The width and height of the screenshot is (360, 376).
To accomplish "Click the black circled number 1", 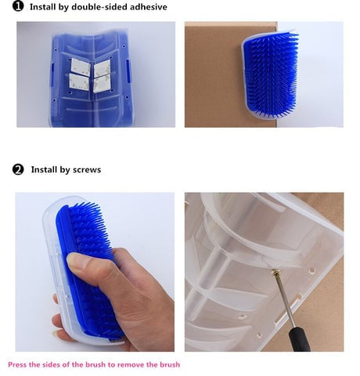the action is pos(18,6).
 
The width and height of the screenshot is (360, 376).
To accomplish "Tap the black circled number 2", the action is pos(18,169).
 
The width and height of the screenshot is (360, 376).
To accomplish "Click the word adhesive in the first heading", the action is pos(149,7).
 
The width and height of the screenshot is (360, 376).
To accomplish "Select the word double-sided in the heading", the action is pos(99,7).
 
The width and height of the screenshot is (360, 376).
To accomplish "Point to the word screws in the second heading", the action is pos(87,170).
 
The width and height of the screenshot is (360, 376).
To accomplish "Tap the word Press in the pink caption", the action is pos(17,364).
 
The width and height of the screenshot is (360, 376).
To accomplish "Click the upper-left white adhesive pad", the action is pos(81,67).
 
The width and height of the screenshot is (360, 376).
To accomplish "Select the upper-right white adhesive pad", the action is pos(103,68).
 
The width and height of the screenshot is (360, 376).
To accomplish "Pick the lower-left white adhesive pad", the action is pos(79,82).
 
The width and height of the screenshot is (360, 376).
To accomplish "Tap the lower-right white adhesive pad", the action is pos(102,84).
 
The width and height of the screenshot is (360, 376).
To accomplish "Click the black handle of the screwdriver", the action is pos(300,339).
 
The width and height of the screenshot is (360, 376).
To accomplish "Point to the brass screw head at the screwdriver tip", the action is pos(275,273).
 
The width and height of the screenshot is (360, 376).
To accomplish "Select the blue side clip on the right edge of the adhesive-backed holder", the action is pos(128,70).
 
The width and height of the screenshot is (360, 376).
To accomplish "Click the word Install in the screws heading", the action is pos(44,170).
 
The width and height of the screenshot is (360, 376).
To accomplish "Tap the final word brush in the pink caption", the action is pos(170,364).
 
